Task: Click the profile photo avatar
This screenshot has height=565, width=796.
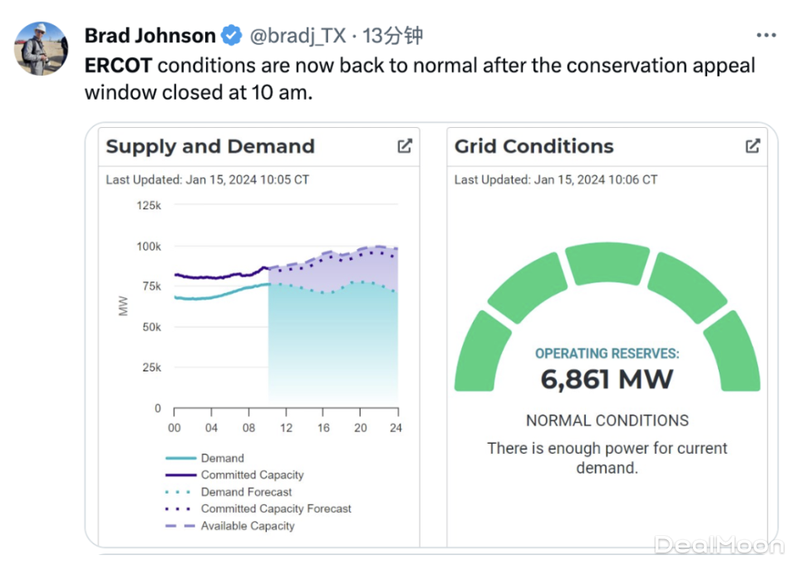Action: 41,49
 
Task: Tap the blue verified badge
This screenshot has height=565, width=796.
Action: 232,36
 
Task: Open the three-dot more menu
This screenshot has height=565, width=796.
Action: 766,36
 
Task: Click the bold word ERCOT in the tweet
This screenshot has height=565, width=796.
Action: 118,66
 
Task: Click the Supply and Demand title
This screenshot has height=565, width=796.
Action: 210,147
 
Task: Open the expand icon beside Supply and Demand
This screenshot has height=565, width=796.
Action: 405,146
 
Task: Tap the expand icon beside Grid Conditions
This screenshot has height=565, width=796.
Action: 753,146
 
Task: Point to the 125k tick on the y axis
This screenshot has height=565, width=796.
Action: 149,205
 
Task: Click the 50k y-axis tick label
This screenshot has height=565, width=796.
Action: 150,327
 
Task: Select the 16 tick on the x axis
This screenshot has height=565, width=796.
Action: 323,428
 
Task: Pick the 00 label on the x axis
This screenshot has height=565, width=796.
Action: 174,428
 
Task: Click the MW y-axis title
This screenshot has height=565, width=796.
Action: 124,306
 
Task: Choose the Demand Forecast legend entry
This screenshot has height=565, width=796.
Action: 246,492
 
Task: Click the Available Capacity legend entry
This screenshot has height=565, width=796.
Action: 248,526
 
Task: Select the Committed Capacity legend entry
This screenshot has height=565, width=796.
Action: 252,475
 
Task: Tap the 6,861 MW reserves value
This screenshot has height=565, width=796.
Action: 607,380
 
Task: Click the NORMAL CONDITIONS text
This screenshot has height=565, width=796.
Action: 607,420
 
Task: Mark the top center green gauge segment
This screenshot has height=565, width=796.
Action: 607,263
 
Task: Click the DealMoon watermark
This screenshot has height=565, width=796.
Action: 719,545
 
